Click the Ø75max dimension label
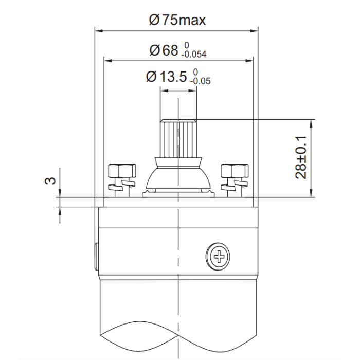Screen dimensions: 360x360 tap(177, 20)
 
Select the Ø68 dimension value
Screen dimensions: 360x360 tap(164, 50)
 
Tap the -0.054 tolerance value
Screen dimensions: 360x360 tap(194, 55)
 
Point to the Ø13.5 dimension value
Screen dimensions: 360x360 tap(167, 77)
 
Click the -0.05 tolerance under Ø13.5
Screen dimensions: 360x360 tap(200, 81)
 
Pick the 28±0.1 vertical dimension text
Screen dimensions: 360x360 tap(301, 157)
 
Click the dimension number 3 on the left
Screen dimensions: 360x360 tap(50, 181)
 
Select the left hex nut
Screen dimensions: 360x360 tap(122, 171)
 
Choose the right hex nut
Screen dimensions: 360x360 tap(235, 171)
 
